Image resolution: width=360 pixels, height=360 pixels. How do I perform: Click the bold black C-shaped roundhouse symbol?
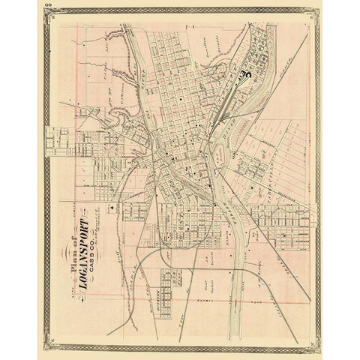point(245,73)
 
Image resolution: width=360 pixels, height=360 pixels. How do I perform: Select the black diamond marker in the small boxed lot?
point(112,207)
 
